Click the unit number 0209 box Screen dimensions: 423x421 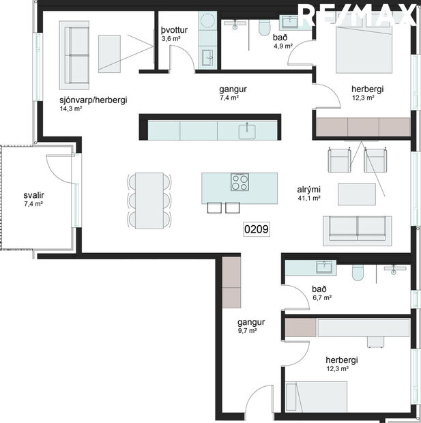pyautogui.click(x=257, y=230)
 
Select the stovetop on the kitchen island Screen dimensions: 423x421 pyautogui.click(x=240, y=183)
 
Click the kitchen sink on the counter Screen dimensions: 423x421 pyautogui.click(x=247, y=130)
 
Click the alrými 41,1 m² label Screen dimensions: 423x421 pyautogui.click(x=308, y=194)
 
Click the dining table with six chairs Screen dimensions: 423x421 pyautogui.click(x=149, y=200)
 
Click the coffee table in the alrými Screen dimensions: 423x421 pyautogui.click(x=358, y=194)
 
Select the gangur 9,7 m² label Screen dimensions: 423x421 pyautogui.click(x=250, y=325)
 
